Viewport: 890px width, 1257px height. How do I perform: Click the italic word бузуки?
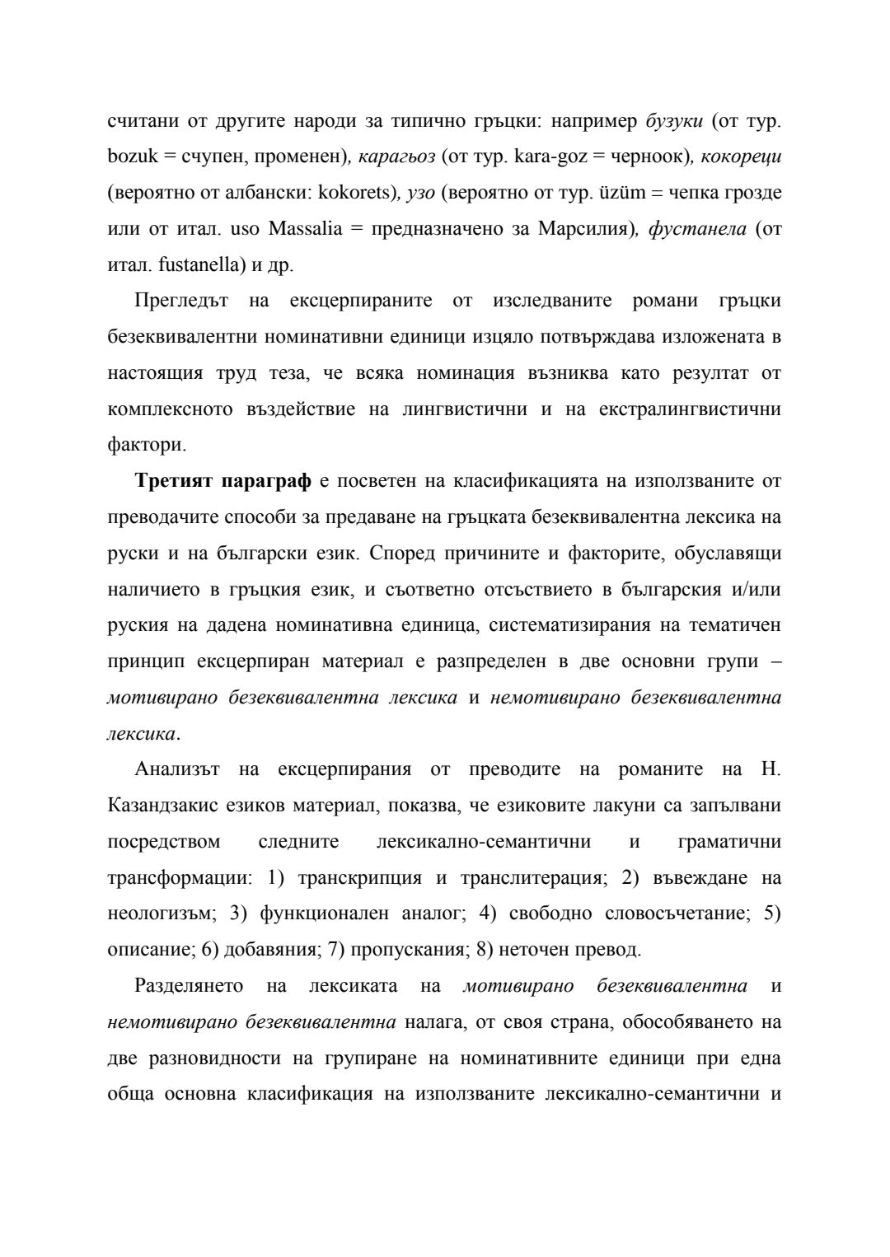click(674, 121)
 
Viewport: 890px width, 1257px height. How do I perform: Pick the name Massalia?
click(305, 228)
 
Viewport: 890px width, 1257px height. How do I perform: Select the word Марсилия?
click(583, 228)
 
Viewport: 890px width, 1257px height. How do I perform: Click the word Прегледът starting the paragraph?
click(181, 301)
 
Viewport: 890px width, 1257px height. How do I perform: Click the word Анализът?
click(177, 769)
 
